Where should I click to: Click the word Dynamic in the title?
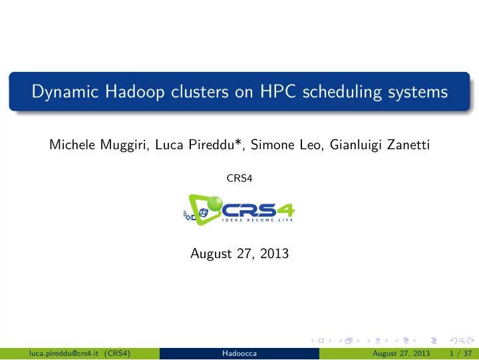[65, 92]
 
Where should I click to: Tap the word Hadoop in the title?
[134, 92]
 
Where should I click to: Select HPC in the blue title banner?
[277, 91]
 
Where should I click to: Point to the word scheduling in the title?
[342, 92]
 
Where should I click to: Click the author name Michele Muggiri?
[97, 145]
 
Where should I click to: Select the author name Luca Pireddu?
[194, 144]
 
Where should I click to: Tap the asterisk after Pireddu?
[238, 142]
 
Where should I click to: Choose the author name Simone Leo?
[285, 144]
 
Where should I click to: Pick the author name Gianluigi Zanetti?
[380, 145]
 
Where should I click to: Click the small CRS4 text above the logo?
[239, 178]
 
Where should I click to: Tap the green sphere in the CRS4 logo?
[215, 203]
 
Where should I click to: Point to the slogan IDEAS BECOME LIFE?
[257, 220]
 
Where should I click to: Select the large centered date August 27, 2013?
[239, 254]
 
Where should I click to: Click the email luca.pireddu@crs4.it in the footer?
[64, 353]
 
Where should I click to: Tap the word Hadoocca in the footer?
[239, 353]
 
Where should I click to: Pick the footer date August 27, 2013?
[401, 353]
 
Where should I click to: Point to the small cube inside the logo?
[204, 213]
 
